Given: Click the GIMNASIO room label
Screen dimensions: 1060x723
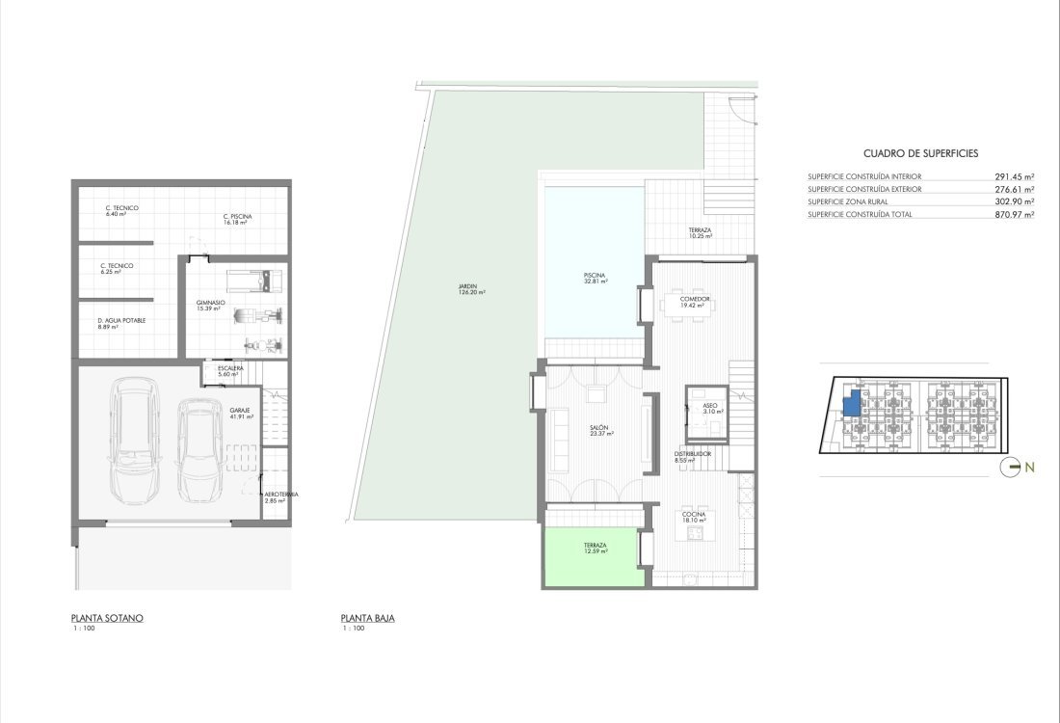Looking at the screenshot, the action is (x=210, y=303).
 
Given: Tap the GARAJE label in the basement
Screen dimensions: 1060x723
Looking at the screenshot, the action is (x=240, y=410).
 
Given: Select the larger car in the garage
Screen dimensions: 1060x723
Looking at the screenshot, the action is (x=135, y=441).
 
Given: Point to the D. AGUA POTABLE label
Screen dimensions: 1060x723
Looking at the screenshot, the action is (x=121, y=321).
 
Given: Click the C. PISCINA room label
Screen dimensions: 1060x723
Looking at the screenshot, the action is (x=237, y=217).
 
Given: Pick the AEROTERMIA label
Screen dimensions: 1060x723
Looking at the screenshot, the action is (x=282, y=495).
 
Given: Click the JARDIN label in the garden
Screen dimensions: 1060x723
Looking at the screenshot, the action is (x=467, y=286).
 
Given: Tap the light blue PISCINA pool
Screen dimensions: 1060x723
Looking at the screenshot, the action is (x=595, y=262).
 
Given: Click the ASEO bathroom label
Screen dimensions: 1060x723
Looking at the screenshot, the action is (x=710, y=405).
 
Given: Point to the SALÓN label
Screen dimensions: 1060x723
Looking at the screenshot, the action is (x=599, y=427).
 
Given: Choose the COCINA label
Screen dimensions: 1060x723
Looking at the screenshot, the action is (x=694, y=515).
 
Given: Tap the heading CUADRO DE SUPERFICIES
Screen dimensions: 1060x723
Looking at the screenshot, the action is (x=920, y=153).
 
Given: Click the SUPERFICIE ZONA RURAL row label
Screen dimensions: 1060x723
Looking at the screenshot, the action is (x=848, y=201).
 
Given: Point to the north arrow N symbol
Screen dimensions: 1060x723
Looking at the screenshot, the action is (x=1018, y=468).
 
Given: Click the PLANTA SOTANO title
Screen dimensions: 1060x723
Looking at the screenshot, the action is (x=107, y=618).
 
